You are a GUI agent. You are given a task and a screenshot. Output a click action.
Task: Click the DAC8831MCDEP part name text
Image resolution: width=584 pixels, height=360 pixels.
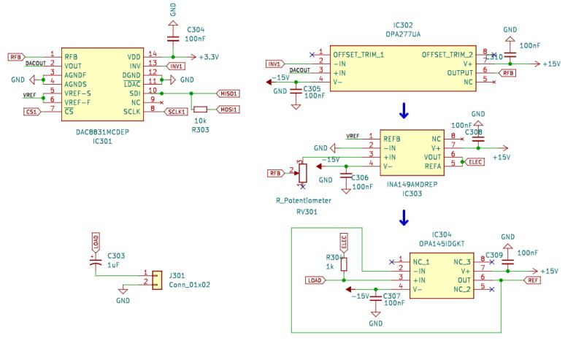coord(101,133)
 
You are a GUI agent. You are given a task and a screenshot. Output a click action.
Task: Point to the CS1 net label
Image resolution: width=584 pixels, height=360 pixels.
coord(31,111)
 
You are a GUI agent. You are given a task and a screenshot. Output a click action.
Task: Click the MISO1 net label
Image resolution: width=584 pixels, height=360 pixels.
coord(228,93)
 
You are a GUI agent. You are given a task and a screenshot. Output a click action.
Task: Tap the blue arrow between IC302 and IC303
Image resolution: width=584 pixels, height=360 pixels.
coord(403,111)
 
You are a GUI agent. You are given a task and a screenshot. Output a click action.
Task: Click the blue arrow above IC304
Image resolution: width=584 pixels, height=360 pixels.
coord(403,217)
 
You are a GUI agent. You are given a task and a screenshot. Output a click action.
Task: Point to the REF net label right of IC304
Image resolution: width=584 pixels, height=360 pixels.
coord(532,280)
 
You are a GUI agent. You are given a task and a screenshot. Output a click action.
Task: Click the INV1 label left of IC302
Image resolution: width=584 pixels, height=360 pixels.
coord(274,63)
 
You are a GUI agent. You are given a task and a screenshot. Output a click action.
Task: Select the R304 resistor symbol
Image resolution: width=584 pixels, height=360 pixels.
coord(345,264)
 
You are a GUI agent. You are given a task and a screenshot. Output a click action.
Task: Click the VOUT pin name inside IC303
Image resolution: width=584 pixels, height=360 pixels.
coord(433,156)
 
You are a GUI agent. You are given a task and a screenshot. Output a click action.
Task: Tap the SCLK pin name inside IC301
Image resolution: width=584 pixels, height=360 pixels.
coord(131,110)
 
